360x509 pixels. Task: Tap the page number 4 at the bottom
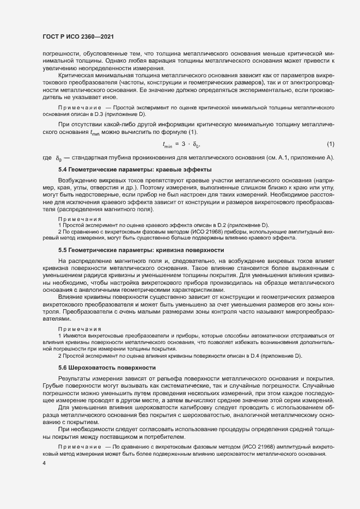[x=44, y=463]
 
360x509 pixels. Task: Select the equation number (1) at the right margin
[x=330, y=144]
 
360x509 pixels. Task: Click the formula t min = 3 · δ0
[x=181, y=144]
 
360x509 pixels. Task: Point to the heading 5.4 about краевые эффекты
[x=135, y=170]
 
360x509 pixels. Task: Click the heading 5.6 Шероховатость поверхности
[x=107, y=367]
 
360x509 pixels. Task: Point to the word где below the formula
[x=47, y=158]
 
